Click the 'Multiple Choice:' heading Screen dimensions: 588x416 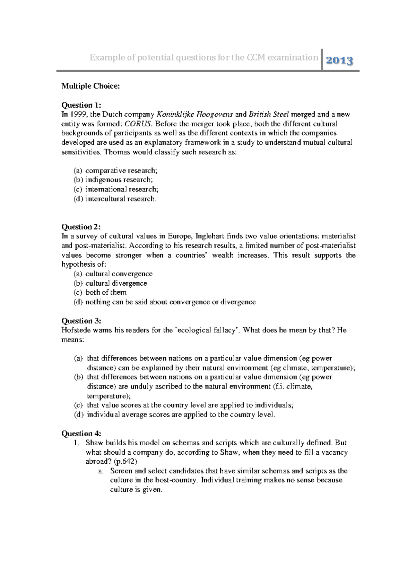click(x=90, y=86)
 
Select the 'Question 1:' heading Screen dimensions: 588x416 click(x=81, y=105)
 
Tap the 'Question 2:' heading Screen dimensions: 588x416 click(x=81, y=227)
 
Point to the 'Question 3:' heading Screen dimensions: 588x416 click(x=81, y=321)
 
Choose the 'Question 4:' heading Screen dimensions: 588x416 click(x=81, y=434)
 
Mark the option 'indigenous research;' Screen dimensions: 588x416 click(x=119, y=180)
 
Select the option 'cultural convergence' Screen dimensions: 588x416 click(x=119, y=274)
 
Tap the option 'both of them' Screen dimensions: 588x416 click(x=106, y=293)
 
